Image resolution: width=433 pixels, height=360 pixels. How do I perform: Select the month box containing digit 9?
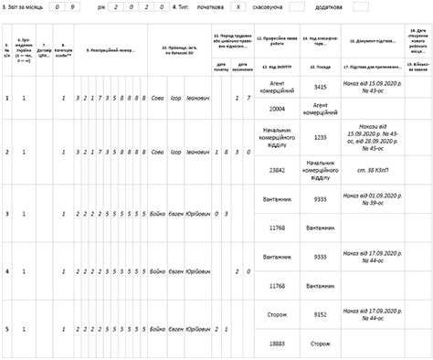[x=86, y=6]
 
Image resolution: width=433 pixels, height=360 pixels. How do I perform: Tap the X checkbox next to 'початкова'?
[x=238, y=6]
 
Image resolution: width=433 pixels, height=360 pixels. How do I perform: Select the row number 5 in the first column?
[x=8, y=328]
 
